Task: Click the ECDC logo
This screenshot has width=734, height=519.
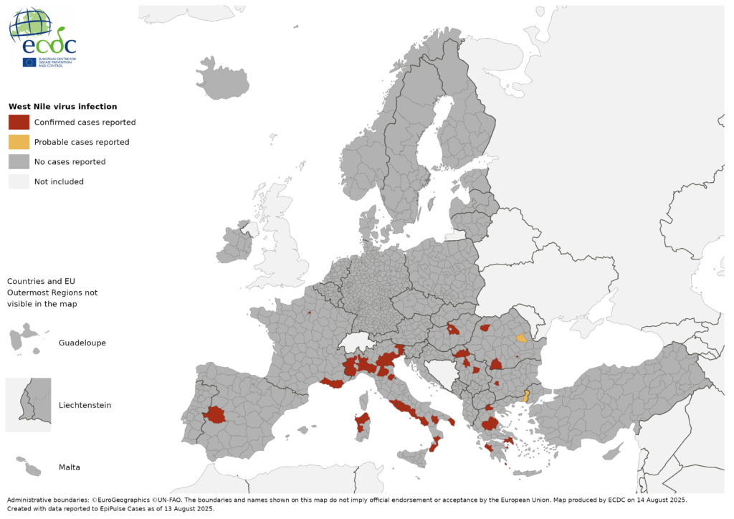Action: [42, 37]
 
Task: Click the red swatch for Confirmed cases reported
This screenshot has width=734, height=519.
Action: [19, 122]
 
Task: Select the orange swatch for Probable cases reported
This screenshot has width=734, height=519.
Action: [19, 142]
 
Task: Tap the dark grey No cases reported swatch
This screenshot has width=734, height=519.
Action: [19, 162]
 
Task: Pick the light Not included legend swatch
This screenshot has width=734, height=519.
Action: [19, 182]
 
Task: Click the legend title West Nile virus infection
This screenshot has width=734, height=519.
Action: [62, 107]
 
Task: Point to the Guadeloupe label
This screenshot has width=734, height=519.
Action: [82, 343]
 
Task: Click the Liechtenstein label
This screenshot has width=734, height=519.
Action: [85, 405]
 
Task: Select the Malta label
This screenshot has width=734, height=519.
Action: [70, 467]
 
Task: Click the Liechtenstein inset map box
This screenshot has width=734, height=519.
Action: [29, 405]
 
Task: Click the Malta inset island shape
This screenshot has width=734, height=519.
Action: [29, 467]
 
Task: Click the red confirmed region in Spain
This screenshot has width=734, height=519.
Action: [214, 414]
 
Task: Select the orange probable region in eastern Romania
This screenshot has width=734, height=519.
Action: [522, 338]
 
